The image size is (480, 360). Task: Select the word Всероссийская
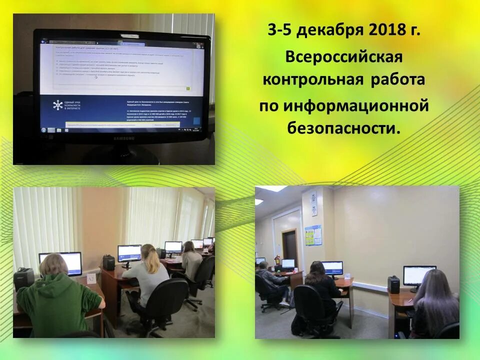[344, 56]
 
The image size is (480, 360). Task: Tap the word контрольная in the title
[314, 80]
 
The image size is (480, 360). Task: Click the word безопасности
[344, 128]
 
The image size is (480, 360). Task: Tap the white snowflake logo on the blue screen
[58, 105]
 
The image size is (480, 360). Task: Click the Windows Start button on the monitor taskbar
[43, 129]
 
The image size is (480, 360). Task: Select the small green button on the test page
[188, 88]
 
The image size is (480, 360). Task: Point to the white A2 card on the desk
[91, 278]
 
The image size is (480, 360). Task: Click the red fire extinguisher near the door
[276, 260]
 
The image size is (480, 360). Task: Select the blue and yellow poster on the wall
[313, 236]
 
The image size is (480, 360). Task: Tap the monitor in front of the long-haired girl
[419, 275]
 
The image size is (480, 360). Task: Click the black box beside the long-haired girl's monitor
[394, 284]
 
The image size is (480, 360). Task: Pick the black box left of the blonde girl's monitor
[108, 262]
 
